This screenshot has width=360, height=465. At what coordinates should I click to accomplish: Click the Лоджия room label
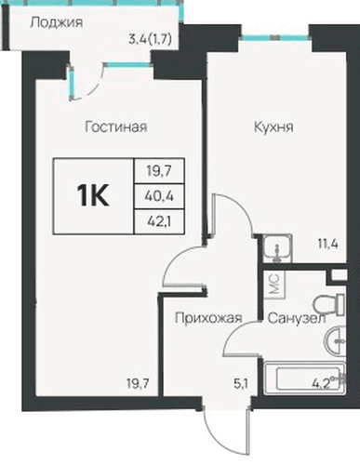(57, 23)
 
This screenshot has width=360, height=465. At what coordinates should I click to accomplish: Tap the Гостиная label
(116, 126)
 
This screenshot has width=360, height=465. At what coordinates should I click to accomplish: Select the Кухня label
(273, 127)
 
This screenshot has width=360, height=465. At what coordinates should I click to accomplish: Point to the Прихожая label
(208, 318)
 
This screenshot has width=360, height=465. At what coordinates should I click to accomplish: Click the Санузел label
(297, 318)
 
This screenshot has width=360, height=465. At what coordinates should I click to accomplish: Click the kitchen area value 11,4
(327, 245)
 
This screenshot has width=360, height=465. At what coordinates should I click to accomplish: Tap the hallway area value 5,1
(241, 384)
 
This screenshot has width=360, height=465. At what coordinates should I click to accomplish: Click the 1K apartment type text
(93, 196)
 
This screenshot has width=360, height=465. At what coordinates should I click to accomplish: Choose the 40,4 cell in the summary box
(159, 196)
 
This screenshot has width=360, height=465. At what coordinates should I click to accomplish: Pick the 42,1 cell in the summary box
(159, 221)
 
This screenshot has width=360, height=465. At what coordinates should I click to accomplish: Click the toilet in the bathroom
(328, 305)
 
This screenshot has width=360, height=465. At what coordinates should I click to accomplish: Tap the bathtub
(304, 378)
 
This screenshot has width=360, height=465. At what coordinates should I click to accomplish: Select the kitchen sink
(277, 248)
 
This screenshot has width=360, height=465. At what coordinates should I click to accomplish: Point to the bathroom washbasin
(335, 341)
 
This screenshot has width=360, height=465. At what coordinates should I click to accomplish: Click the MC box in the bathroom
(274, 285)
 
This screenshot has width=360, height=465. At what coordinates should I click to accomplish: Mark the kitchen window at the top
(274, 38)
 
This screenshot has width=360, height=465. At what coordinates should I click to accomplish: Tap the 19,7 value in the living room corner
(139, 384)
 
